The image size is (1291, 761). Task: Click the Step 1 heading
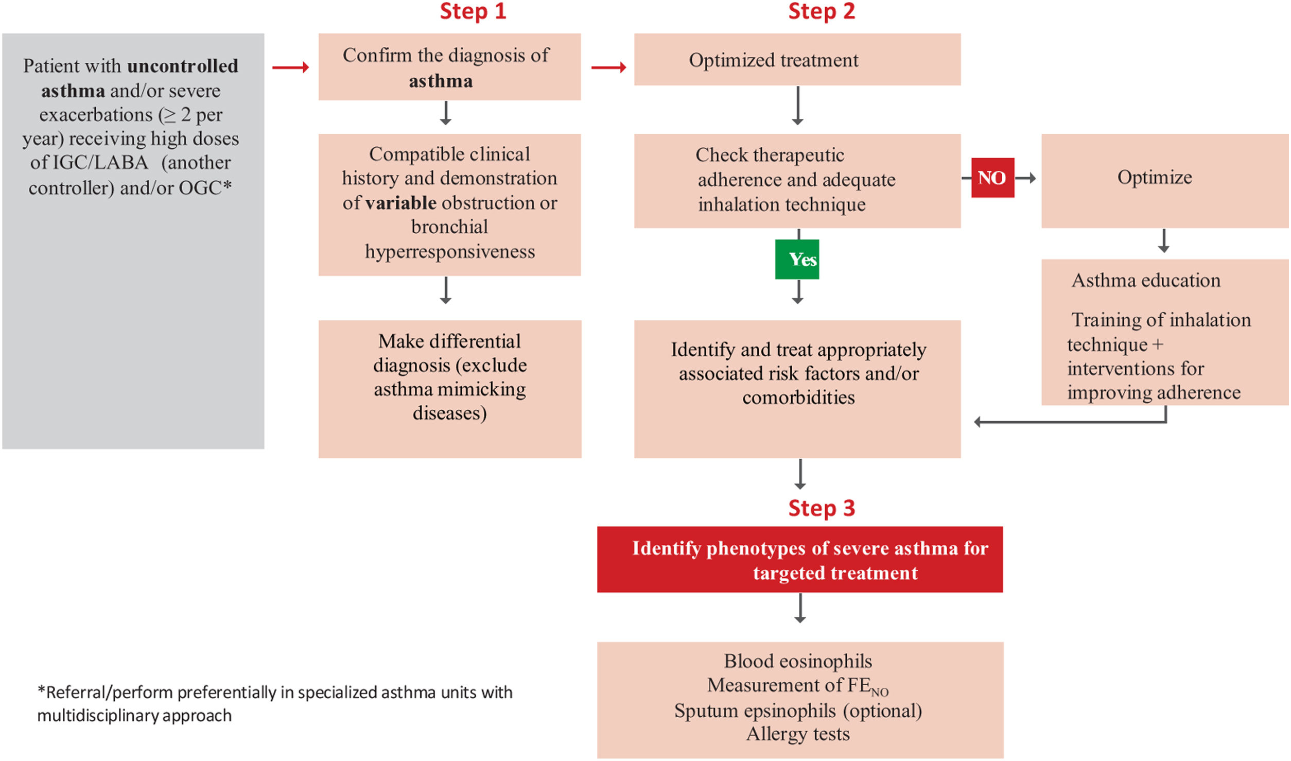[473, 11]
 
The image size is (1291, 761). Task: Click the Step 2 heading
[821, 11]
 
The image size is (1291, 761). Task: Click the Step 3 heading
[821, 508]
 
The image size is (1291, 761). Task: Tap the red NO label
[992, 178]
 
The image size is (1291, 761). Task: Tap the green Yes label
[797, 259]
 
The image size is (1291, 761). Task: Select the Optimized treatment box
[797, 60]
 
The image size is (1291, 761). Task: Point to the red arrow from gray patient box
[290, 67]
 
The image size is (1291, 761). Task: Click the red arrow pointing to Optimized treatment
[608, 67]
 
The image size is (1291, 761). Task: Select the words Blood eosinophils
[797, 661]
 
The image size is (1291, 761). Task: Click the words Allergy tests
[797, 734]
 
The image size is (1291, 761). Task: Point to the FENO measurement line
[797, 686]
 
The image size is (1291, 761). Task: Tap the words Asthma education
[1146, 281]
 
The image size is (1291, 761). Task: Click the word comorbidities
[798, 397]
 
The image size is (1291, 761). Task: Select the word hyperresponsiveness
[449, 251]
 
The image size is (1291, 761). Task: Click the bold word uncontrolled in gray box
[182, 66]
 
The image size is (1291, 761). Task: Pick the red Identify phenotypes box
[799, 560]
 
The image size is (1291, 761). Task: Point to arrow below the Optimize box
[1163, 241]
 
